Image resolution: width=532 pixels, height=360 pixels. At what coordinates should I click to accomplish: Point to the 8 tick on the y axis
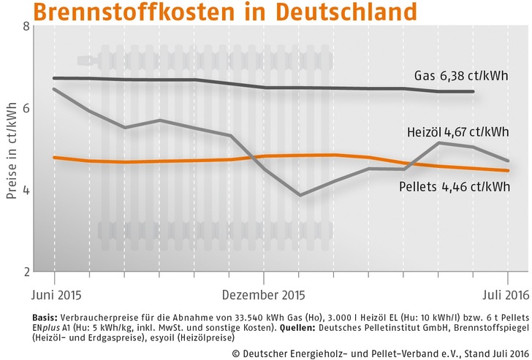(26, 27)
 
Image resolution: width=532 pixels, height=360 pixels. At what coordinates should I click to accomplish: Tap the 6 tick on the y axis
(26, 107)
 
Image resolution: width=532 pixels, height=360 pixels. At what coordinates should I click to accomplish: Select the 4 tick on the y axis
(26, 190)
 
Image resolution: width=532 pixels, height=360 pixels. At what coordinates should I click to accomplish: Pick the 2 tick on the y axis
(26, 272)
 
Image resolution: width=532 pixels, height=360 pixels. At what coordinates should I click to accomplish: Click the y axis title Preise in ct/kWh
(12, 150)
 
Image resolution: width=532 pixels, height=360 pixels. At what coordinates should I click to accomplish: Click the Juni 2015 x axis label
(56, 296)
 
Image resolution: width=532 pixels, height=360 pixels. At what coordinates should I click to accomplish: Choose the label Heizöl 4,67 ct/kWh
(458, 132)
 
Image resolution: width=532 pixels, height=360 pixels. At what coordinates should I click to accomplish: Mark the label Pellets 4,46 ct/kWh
(455, 187)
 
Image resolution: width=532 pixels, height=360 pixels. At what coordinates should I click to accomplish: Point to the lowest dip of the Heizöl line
(300, 195)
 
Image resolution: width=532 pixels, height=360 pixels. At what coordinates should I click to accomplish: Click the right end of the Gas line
(474, 92)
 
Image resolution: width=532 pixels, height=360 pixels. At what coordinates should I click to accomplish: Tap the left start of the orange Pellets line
(54, 157)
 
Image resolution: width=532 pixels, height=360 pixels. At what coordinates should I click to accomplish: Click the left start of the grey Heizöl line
(54, 89)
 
